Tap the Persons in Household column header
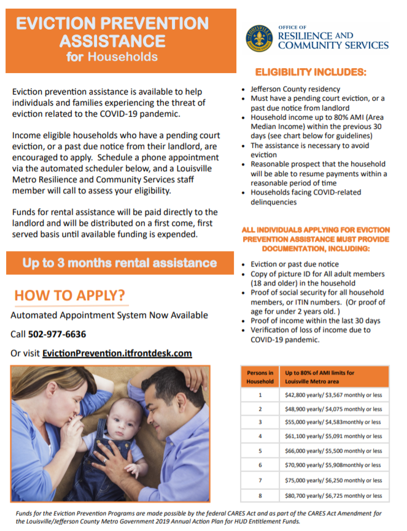tap(260, 376)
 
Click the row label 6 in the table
tap(260, 466)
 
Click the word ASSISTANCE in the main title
tap(112, 41)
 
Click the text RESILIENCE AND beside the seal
tap(316, 36)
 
